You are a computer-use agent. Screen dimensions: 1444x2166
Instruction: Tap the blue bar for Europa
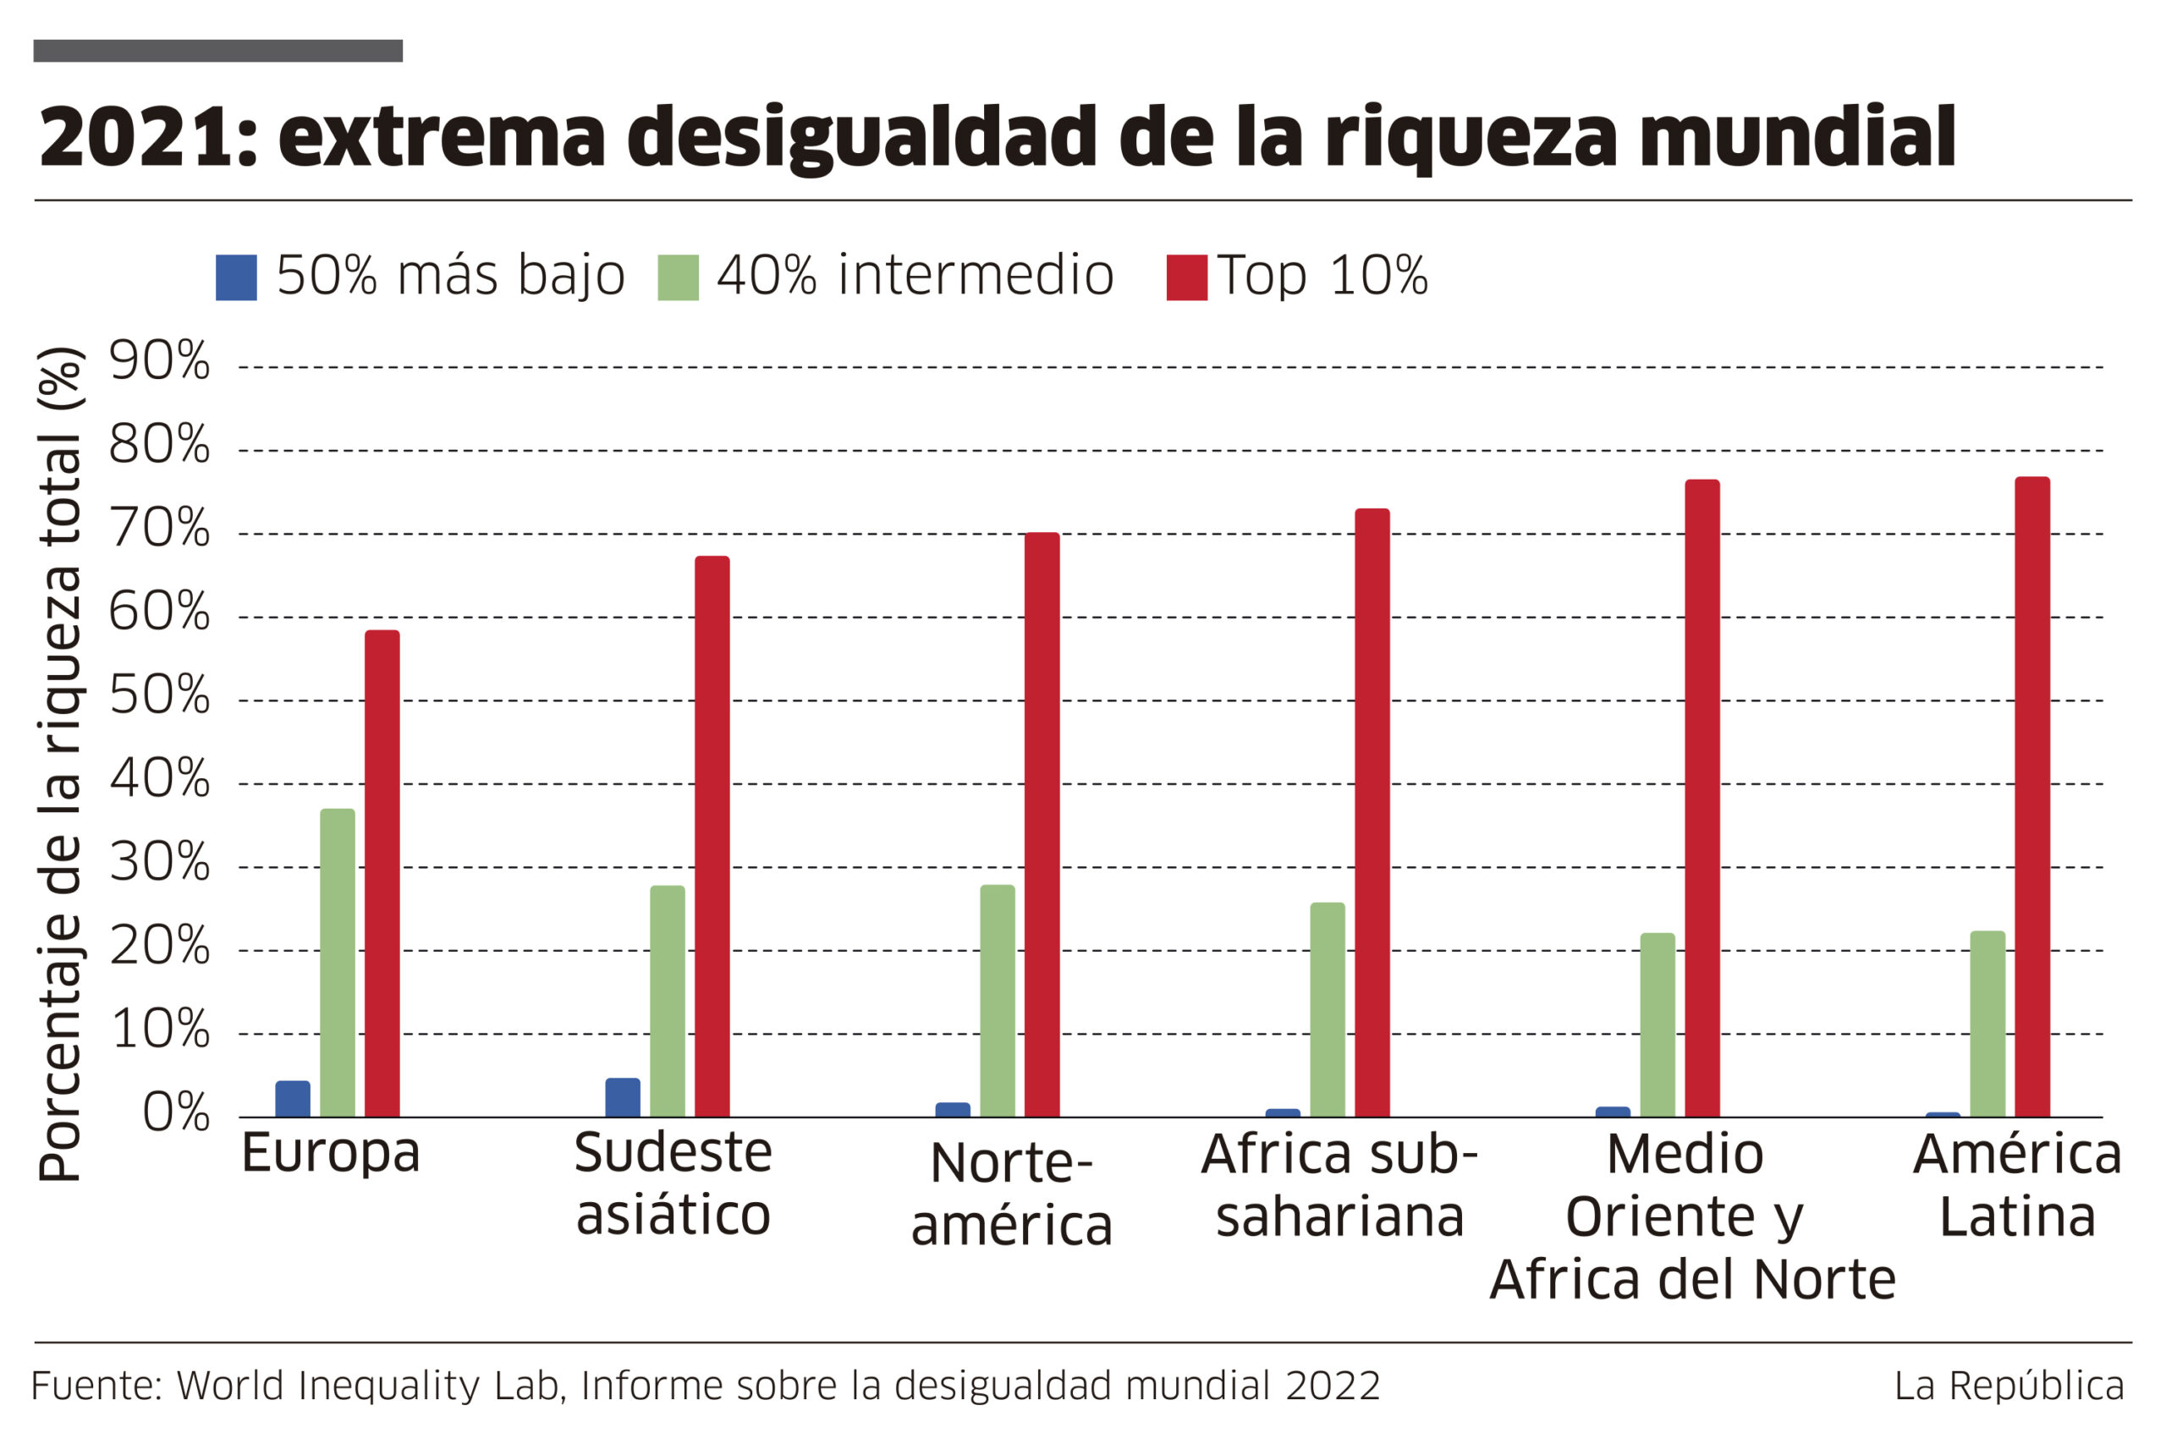pyautogui.click(x=293, y=1099)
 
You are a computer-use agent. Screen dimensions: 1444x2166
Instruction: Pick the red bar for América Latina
pyautogui.click(x=2031, y=797)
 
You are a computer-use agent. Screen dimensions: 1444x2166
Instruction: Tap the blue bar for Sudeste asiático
pyautogui.click(x=623, y=1098)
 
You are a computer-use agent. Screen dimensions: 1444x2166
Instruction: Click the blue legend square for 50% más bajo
pyautogui.click(x=236, y=277)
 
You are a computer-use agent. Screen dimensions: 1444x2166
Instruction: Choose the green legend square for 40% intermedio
pyautogui.click(x=678, y=277)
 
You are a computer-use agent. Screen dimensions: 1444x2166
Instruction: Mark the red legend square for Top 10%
pyautogui.click(x=1186, y=277)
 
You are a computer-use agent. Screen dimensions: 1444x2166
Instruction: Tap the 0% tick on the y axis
pyautogui.click(x=176, y=1112)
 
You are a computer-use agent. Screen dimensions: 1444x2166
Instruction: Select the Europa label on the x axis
pyautogui.click(x=331, y=1152)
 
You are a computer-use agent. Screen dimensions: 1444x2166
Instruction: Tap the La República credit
pyautogui.click(x=2009, y=1386)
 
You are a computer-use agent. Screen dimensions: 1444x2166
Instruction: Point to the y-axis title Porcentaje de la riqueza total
pyautogui.click(x=61, y=765)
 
